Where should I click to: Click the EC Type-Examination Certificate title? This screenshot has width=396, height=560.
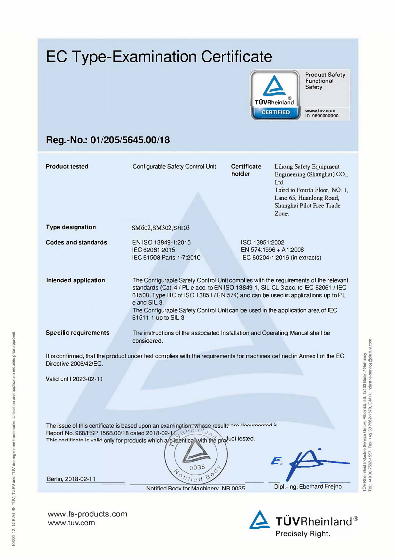coord(159,57)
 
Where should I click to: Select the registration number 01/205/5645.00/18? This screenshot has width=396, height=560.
coord(130,140)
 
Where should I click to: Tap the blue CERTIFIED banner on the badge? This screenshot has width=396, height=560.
coord(276,112)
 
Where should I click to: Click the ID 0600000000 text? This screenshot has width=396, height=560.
coord(322,116)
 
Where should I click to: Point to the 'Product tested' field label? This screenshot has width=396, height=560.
coord(67,167)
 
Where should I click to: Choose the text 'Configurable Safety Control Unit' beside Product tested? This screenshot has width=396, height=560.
coord(174,167)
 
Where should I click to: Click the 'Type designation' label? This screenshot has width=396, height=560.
coord(71,227)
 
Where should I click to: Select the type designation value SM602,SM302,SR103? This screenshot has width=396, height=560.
coord(160,228)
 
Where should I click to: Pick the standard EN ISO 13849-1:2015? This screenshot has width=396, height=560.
coord(161,242)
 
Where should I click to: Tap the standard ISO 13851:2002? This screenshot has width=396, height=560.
coord(262,242)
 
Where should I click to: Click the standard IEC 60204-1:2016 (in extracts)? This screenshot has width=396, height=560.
coord(281,258)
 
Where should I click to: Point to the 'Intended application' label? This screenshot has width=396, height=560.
coord(75,280)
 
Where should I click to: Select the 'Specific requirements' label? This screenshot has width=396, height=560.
coord(77,333)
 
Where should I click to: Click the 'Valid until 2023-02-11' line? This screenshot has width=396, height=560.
coord(74,379)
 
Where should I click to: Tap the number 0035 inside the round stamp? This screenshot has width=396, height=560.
coord(197,467)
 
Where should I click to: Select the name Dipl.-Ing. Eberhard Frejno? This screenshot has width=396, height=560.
coord(307,486)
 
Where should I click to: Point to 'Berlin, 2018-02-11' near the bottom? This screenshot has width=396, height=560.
coord(71,479)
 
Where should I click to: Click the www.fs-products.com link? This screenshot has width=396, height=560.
coord(87,514)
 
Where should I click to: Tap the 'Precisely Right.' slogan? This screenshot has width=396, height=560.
coord(302,533)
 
